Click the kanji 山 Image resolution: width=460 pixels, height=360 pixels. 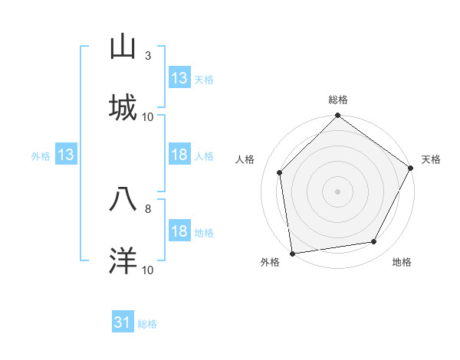(123, 47)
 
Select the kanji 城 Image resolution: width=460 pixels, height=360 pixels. (123, 108)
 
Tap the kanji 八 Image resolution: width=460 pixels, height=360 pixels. (123, 200)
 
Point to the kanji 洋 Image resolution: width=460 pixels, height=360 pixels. (123, 261)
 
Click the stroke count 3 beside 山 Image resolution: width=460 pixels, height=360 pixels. (148, 56)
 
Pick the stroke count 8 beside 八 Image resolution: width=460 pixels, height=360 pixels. (148, 208)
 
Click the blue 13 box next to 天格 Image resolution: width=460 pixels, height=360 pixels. (179, 78)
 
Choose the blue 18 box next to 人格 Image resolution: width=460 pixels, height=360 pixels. (179, 155)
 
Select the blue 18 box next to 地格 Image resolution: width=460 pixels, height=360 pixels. (179, 232)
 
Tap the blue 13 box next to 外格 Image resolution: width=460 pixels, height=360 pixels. (65, 155)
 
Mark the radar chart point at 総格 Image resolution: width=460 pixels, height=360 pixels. (337, 116)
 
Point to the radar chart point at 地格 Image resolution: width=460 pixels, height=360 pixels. (374, 242)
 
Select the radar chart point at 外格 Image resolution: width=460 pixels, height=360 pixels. (292, 253)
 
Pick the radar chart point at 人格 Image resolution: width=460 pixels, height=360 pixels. (279, 172)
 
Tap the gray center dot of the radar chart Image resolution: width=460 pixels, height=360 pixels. (337, 191)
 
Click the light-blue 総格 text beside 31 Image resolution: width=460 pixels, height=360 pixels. (147, 324)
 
